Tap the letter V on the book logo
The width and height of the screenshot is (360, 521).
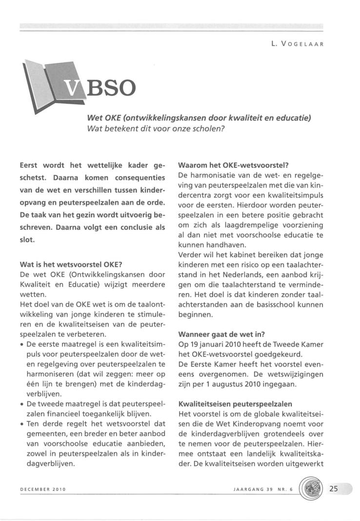click(71, 89)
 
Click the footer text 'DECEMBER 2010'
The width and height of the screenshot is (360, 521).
click(43, 488)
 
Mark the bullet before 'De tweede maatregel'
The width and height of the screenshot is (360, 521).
click(22, 404)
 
